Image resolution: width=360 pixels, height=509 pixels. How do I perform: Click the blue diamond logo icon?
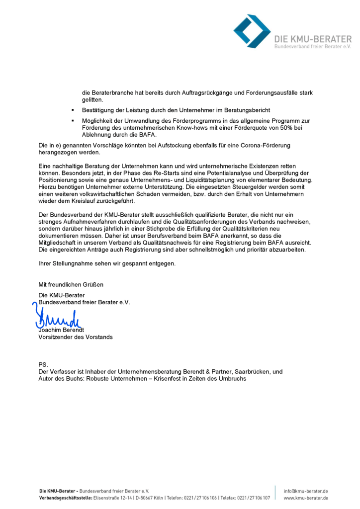(x=252, y=31)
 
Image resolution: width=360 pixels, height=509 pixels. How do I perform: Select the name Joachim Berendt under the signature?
(x=62, y=330)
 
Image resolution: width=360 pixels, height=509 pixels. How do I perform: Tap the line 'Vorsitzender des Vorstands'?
(x=76, y=337)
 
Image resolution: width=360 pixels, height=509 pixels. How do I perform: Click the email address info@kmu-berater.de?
(x=306, y=491)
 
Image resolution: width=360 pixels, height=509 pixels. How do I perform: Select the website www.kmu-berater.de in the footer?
(x=306, y=498)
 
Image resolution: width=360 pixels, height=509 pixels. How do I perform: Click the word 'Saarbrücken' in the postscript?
(x=254, y=371)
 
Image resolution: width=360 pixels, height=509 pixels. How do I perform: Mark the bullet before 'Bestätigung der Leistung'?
(x=73, y=110)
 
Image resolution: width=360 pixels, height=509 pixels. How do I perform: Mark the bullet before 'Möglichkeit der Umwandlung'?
(x=73, y=121)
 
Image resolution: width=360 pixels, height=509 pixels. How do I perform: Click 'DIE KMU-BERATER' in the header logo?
(x=313, y=38)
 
